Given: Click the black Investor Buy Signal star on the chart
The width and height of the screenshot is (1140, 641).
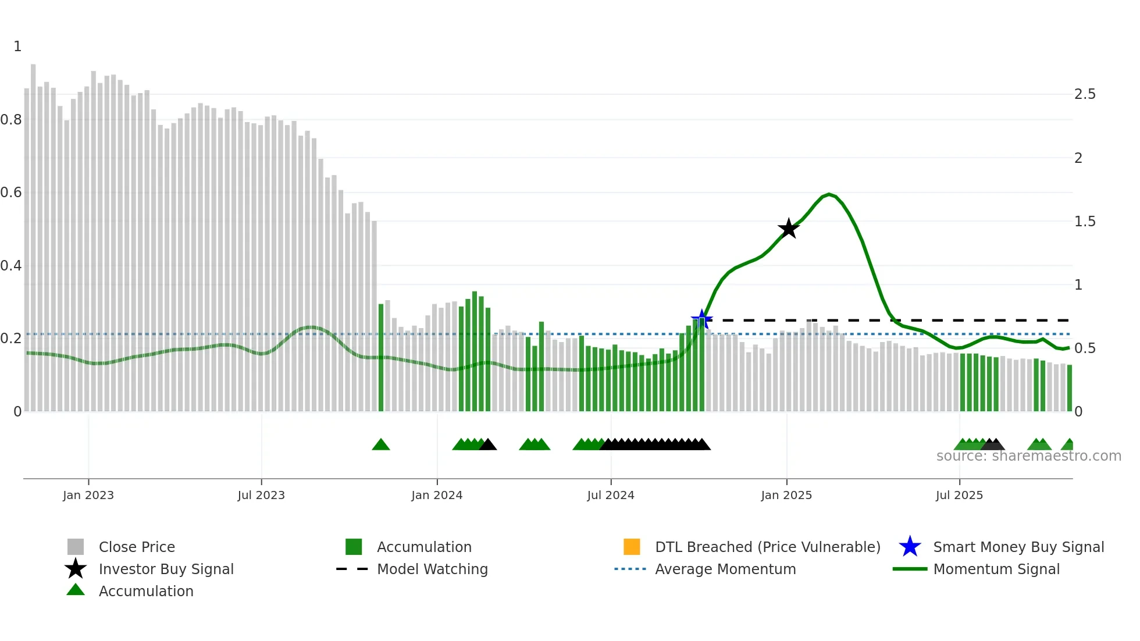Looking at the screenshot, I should [789, 229].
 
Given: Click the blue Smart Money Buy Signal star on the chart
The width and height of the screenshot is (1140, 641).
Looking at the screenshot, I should [702, 319].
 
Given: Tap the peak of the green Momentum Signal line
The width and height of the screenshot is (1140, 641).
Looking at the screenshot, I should [829, 194].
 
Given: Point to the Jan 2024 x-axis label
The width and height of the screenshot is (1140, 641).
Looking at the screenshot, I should [437, 495].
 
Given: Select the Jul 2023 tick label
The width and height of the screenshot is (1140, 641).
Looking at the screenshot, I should [261, 495].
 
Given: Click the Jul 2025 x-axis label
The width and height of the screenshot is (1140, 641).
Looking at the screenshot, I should [959, 495].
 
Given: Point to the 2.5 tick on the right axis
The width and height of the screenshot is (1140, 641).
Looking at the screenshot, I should [1085, 94].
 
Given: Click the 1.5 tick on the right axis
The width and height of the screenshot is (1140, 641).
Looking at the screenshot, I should [1085, 222].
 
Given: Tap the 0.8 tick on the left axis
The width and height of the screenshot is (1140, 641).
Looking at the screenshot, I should [11, 120].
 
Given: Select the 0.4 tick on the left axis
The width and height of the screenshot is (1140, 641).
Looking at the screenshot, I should [11, 266].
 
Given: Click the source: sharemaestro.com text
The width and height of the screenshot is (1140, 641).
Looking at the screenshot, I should [1028, 456].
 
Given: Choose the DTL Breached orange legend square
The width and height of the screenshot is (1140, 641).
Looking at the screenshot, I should [632, 547].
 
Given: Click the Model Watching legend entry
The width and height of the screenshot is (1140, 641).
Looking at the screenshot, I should [432, 569].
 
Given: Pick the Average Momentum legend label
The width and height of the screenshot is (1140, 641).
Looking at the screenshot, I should [725, 569].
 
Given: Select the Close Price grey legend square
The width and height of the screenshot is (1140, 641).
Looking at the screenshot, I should [76, 547].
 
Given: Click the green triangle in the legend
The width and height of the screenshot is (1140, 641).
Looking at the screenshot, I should [76, 590].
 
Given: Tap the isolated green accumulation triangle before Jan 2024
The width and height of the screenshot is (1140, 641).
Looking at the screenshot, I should [381, 445].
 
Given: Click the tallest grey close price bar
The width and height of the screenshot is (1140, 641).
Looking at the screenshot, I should [33, 233].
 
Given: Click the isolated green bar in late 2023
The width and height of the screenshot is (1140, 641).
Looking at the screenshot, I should [381, 358].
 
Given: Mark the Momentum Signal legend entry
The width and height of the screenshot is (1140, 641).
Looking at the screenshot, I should [996, 569].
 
